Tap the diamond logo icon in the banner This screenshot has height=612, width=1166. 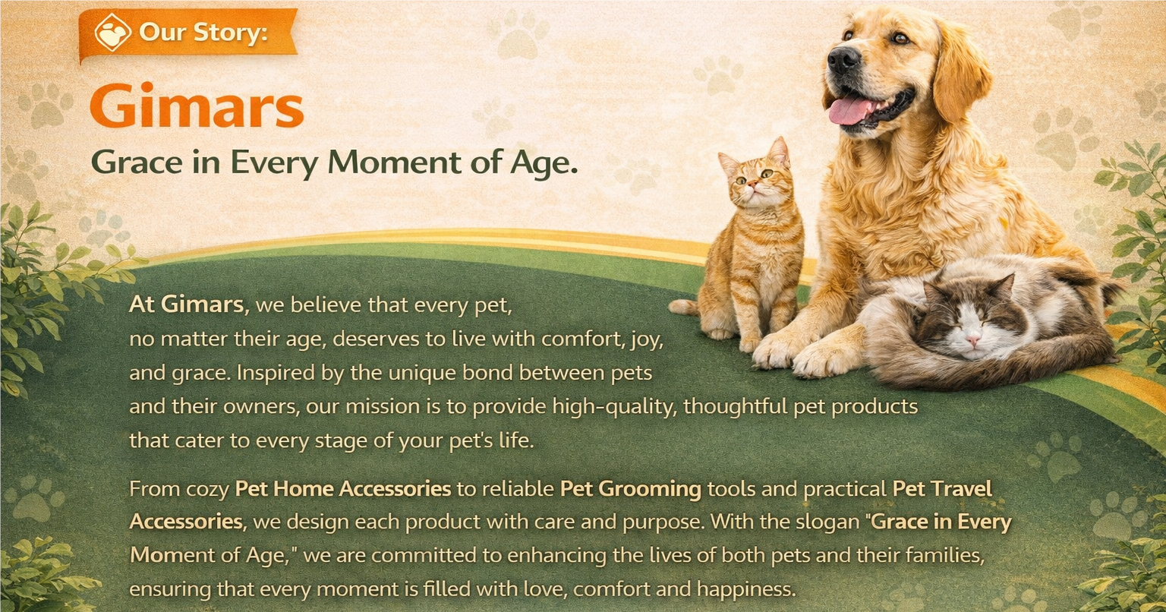click(x=112, y=33)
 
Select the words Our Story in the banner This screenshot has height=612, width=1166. click(x=203, y=33)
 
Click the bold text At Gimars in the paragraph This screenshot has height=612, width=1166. click(x=189, y=304)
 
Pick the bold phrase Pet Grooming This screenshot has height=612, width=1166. click(x=631, y=489)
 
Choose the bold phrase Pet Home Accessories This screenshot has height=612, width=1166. click(x=343, y=488)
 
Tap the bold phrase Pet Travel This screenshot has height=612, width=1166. click(x=942, y=488)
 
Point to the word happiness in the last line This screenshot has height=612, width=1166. click(x=746, y=589)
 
